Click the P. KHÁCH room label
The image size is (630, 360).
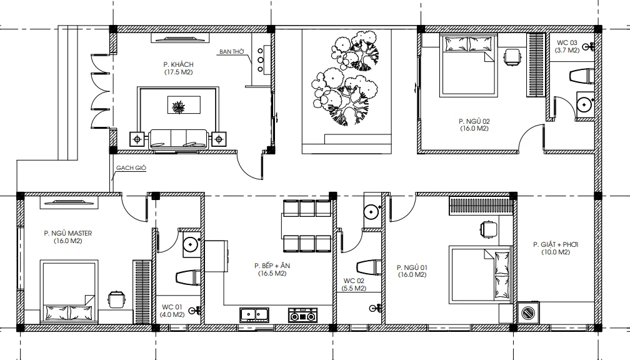tap(178, 64)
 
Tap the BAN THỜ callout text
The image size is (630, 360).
tap(232, 52)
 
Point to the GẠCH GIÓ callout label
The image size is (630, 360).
tap(131, 168)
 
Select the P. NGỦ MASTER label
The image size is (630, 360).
tap(68, 233)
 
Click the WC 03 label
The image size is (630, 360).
tap(567, 42)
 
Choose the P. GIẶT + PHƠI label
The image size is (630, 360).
tap(556, 244)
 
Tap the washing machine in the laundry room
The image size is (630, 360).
tap(528, 312)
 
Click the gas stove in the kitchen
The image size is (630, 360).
tap(302, 315)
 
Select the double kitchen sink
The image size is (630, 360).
tap(254, 315)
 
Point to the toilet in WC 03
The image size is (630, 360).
tap(582, 76)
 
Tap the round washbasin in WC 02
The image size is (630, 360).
tap(372, 211)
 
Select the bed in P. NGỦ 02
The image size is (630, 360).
tap(469, 66)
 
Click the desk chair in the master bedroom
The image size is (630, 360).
tap(116, 299)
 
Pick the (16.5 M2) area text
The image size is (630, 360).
tap(272, 274)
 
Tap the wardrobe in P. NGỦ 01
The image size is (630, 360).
tap(481, 206)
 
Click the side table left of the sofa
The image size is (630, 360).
tap(137, 139)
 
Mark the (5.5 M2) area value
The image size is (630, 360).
tap(354, 289)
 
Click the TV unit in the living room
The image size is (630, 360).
tap(181, 38)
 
